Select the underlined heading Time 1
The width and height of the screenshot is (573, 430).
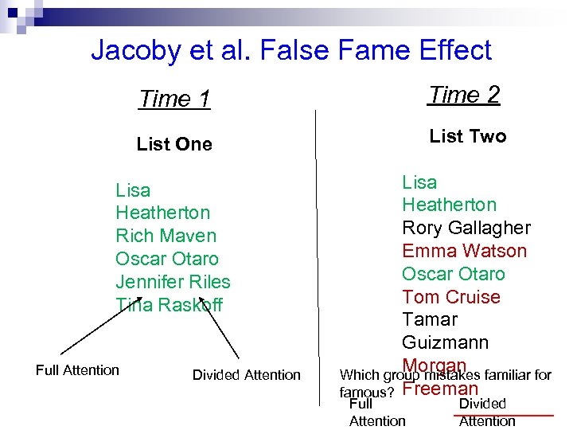174,99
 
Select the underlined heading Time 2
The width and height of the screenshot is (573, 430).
464,95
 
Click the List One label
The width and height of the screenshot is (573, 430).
174,144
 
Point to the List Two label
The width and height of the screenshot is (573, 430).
467,136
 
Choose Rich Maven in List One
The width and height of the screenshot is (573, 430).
166,236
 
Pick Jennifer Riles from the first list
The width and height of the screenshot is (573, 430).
173,282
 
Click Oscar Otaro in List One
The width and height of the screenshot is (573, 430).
166,259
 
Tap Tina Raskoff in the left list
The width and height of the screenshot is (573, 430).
169,305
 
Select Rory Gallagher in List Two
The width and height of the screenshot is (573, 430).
466,228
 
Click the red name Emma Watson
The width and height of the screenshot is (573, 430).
464,251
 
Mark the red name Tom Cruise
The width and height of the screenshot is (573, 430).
450,297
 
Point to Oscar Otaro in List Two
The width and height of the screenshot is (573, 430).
453,274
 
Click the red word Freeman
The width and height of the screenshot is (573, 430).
440,389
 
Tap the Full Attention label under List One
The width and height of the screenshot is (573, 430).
77,369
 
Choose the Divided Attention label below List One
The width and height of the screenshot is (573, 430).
247,374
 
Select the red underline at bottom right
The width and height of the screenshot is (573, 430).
524,415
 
